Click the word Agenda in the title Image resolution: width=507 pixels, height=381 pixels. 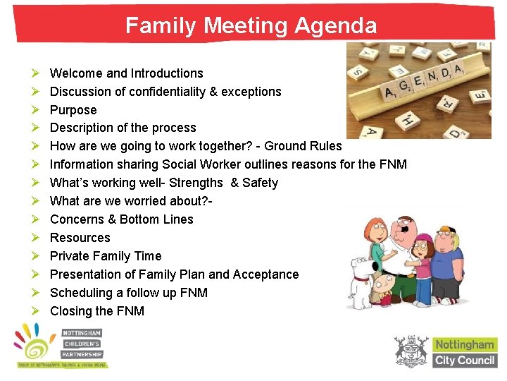coord(336,26)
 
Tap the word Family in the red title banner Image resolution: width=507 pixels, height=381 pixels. coord(161,26)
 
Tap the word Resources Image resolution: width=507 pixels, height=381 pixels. coord(80,238)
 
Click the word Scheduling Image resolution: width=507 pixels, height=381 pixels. coord(81,293)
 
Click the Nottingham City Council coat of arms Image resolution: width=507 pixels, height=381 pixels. coord(411,351)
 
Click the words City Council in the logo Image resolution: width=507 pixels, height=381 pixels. coord(465,360)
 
